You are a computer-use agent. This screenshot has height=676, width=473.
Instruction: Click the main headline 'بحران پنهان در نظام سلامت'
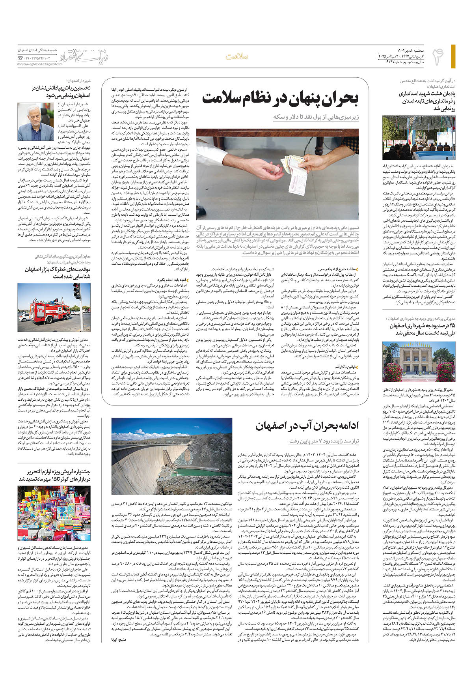click(x=280, y=99)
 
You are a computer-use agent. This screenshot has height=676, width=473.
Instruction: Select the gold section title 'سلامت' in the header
click(x=237, y=56)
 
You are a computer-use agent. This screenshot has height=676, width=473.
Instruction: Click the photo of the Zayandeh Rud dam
click(x=171, y=458)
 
